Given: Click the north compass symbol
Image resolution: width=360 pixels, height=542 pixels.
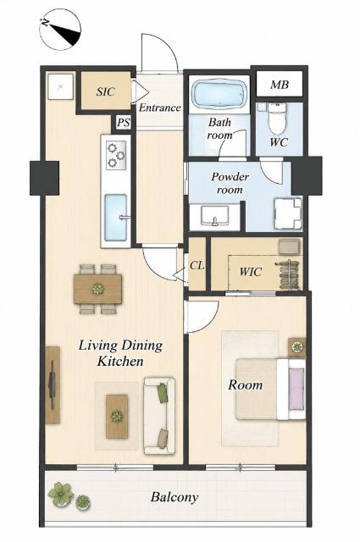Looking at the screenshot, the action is [60, 30].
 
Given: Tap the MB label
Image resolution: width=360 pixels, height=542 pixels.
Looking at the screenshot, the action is [280, 85].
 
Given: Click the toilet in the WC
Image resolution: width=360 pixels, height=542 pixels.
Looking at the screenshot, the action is [277, 118].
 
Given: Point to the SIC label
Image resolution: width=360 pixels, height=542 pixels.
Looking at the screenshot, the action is [106, 92].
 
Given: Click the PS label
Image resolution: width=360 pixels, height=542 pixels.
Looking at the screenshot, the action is [124, 123].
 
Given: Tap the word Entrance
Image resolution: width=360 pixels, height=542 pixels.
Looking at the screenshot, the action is [160, 108].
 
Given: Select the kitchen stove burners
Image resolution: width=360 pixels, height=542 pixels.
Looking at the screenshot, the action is [116, 155].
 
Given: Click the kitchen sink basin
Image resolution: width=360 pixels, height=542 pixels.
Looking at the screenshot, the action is [115, 218].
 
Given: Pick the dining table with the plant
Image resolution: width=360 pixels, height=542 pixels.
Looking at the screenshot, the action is [98, 289].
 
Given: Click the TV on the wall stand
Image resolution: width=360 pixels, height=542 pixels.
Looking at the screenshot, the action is [52, 384].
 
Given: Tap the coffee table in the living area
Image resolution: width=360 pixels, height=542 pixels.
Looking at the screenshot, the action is [117, 417].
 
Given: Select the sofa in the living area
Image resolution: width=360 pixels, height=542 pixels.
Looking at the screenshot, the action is [159, 416].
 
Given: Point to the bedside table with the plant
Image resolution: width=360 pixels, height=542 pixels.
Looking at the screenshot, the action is [297, 347].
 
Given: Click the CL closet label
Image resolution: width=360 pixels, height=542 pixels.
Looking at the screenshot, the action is [197, 266].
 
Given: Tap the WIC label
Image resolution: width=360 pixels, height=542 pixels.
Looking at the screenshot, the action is [251, 272].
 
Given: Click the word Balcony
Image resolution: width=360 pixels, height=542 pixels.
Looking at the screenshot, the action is [174, 498].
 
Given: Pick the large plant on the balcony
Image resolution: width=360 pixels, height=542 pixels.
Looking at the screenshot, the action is [61, 495].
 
